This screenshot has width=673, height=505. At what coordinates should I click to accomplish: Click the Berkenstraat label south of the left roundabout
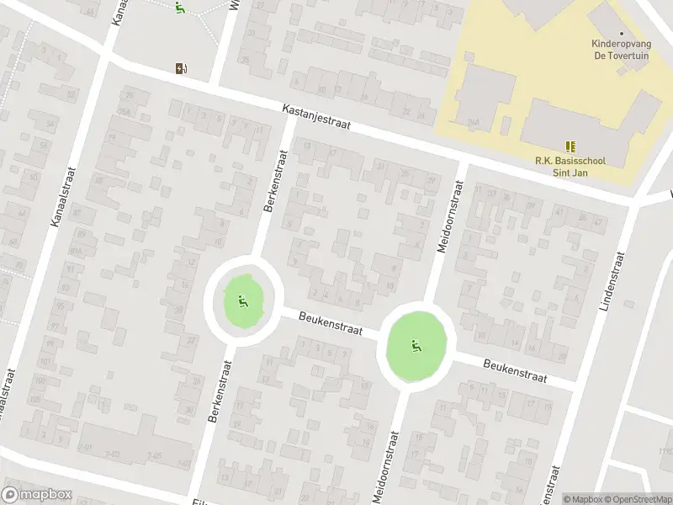point(222,391)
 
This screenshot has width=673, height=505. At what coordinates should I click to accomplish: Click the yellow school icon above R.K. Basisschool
point(571,146)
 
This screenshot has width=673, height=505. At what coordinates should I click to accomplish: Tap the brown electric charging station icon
point(181,68)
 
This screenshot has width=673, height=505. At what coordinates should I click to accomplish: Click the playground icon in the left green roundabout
point(242,300)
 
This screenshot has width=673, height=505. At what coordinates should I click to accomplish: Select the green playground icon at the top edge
point(179,8)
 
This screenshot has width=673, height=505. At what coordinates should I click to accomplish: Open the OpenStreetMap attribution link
point(636,499)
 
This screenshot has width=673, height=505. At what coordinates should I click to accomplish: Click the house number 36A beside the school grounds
point(474,122)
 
